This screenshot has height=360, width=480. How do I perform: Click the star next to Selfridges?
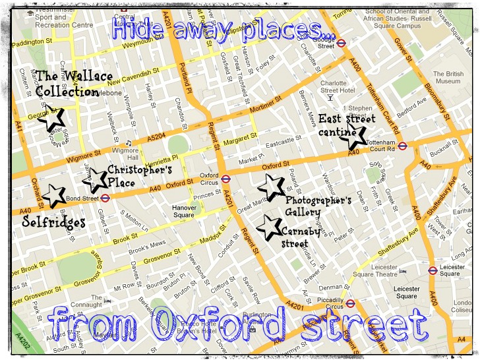pos(54,195)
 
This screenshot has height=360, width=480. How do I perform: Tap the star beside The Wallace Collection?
pos(52,118)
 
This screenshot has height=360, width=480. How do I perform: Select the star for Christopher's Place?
pos(97,177)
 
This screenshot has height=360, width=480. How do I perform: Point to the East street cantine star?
pos(353,138)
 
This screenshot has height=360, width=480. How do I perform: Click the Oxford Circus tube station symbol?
pos(225,177)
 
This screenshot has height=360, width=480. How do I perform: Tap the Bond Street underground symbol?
pos(105,197)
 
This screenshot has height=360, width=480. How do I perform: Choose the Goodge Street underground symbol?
pos(342,42)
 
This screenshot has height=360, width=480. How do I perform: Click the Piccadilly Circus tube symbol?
pos(351,303)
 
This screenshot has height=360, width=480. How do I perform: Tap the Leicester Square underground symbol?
pos(433,270)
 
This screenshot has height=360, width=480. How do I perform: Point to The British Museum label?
pos(448,77)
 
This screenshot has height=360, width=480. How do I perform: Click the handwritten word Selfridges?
pos(54,222)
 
